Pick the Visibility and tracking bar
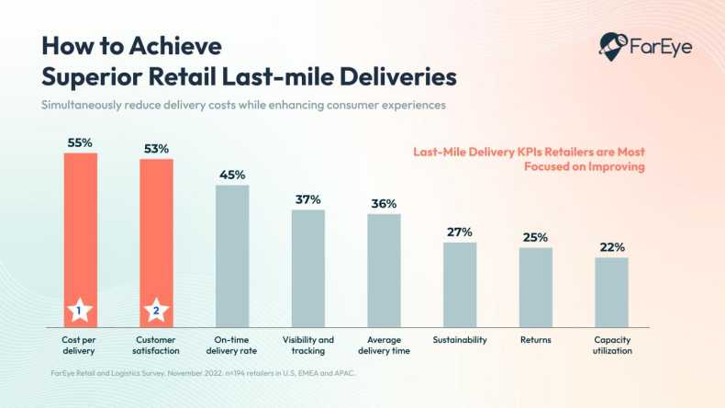click(308, 267)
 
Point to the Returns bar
click(535, 286)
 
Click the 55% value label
click(80, 142)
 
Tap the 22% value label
click(612, 247)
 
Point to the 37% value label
click(308, 199)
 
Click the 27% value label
click(460, 232)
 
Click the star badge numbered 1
click(80, 312)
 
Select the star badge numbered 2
click(156, 312)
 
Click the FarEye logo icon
click(612, 44)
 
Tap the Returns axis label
click(535, 339)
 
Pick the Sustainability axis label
click(460, 339)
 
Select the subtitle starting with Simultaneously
click(243, 105)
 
